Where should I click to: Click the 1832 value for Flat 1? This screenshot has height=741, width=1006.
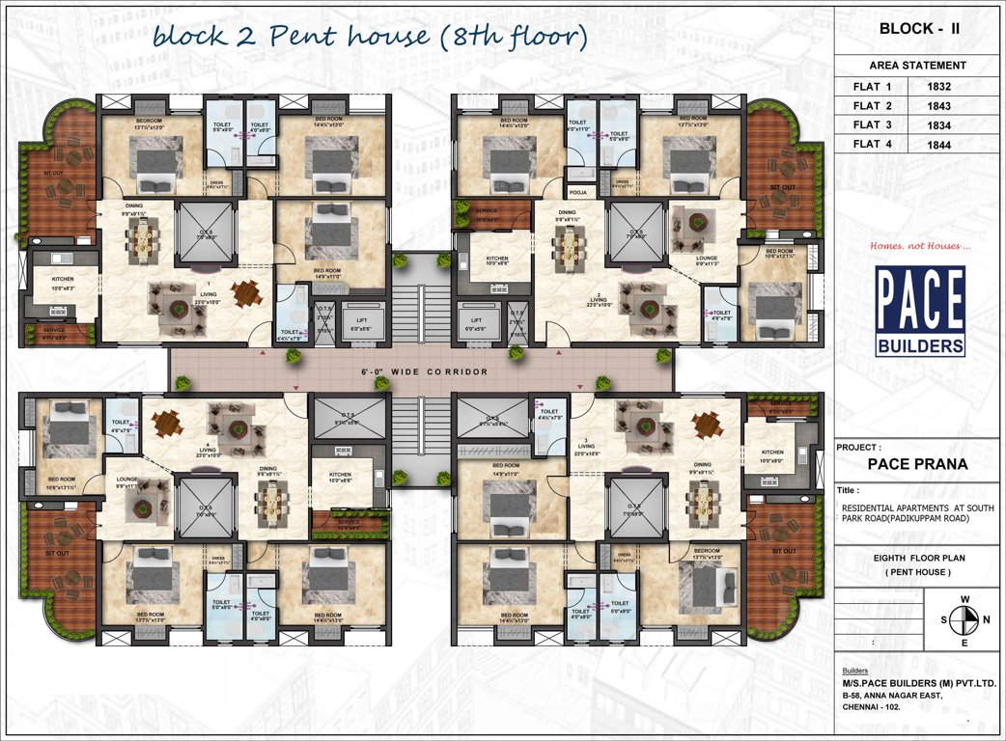tap(939, 87)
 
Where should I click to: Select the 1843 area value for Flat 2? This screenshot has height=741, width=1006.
tap(939, 106)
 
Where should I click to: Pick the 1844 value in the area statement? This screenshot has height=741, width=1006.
tap(939, 145)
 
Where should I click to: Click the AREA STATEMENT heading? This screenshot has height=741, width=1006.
tap(917, 66)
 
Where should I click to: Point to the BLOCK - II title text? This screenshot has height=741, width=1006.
tap(918, 29)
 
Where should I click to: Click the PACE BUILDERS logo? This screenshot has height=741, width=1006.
tap(919, 312)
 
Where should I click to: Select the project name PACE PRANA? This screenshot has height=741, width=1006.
tap(917, 463)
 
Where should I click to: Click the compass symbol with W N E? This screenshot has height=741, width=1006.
tap(964, 620)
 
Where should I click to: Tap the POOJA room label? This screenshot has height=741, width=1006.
tap(578, 191)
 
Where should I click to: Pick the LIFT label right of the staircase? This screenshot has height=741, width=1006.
tap(476, 319)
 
